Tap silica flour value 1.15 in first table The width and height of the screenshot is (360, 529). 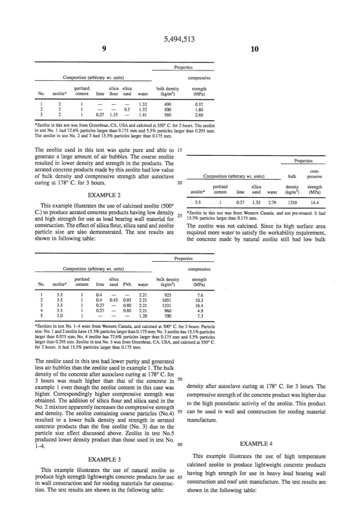coord(114,114)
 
